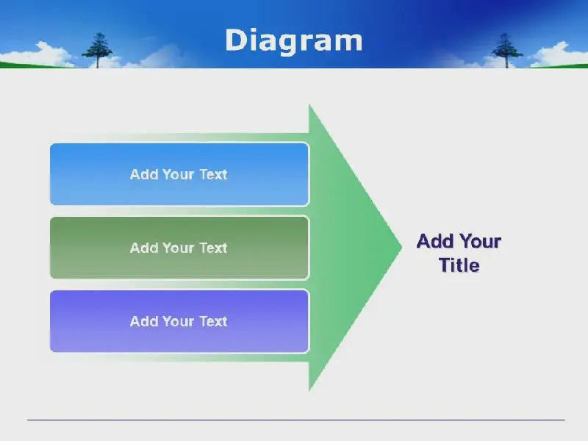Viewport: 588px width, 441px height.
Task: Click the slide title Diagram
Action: (293, 40)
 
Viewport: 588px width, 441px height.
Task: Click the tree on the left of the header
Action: (98, 50)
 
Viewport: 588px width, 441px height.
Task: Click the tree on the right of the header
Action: (506, 50)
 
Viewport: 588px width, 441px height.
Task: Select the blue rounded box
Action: (179, 174)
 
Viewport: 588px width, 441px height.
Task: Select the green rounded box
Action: (179, 248)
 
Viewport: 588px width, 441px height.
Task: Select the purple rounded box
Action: (179, 321)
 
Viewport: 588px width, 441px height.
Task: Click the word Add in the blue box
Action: (144, 174)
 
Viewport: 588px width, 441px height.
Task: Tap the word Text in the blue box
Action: (213, 174)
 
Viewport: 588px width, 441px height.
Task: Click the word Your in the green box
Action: (179, 248)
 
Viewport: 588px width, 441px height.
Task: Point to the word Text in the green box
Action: (213, 248)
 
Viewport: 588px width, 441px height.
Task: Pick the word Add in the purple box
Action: (144, 321)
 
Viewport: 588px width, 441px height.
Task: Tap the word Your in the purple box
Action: (179, 321)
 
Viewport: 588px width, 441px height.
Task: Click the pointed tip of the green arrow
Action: (401, 247)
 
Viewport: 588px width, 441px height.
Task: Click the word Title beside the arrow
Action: (459, 265)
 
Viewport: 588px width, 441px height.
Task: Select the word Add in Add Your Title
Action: (435, 241)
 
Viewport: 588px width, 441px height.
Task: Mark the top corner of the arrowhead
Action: (309, 104)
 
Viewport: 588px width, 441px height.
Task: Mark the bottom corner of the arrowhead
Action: (309, 391)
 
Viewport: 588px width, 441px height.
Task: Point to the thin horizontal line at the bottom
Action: (296, 420)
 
